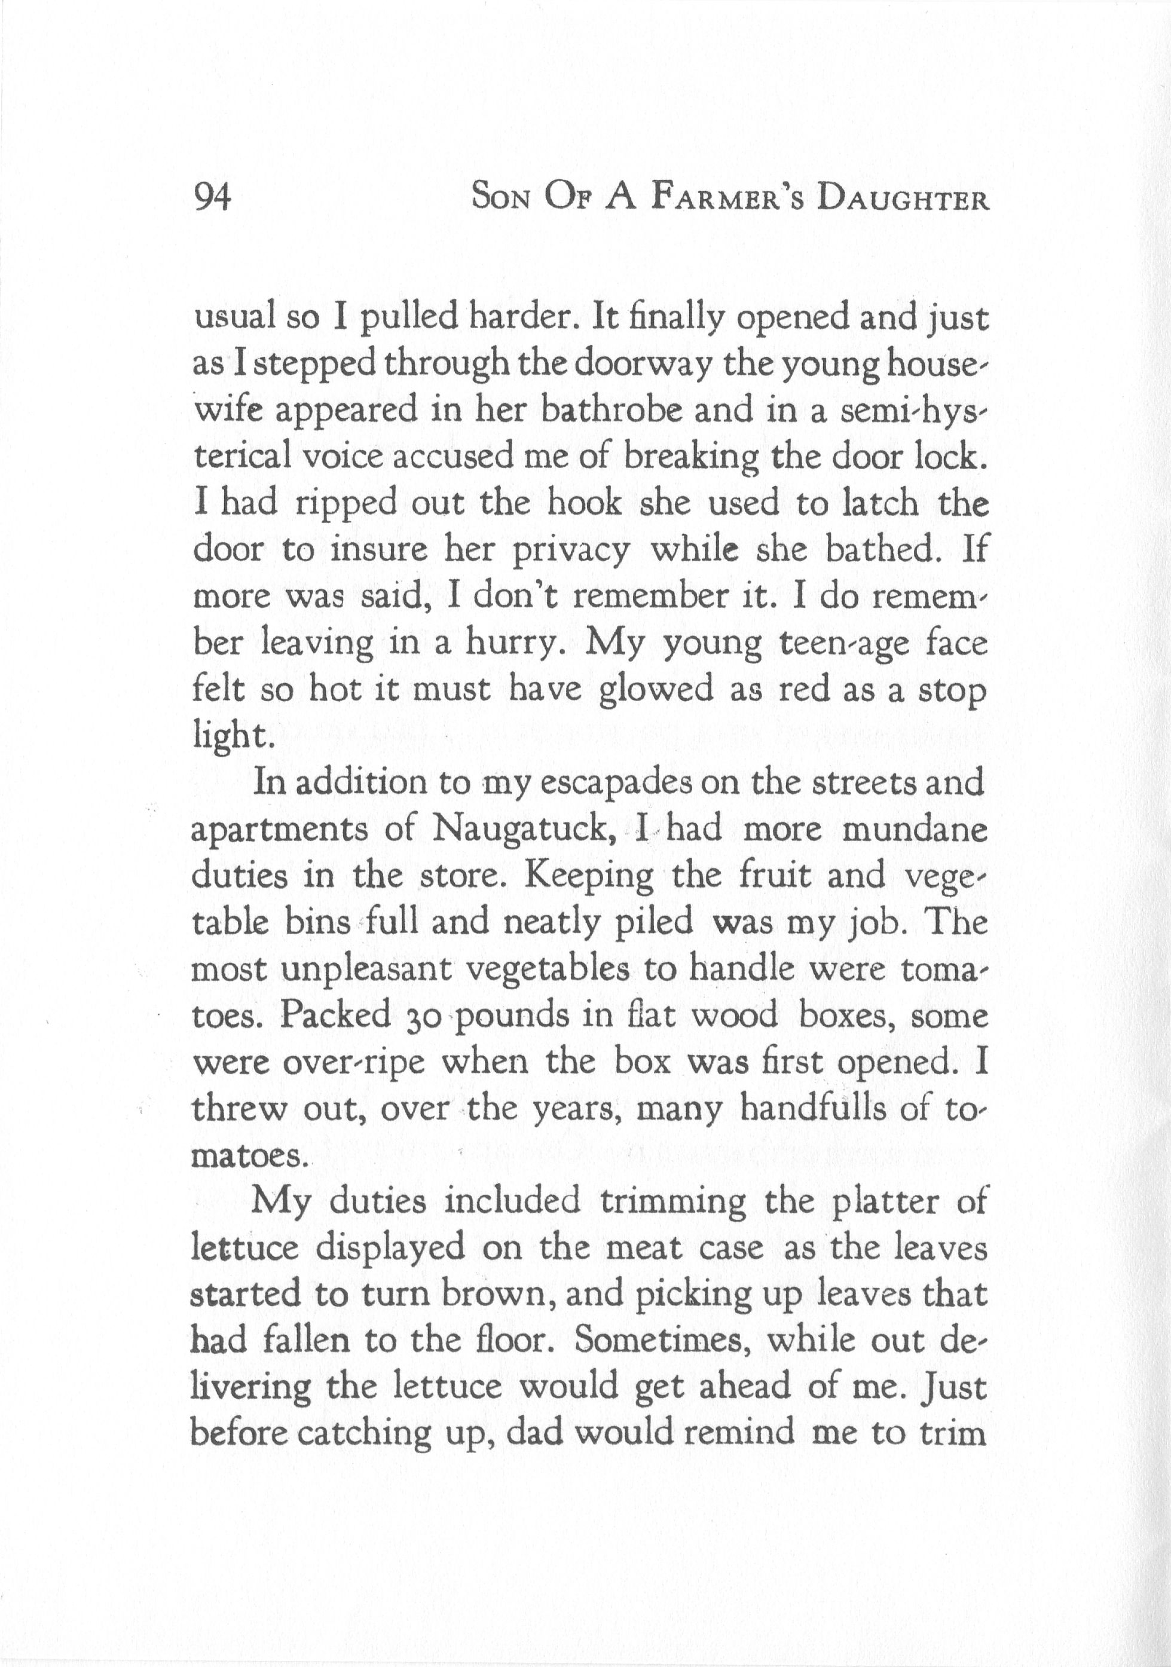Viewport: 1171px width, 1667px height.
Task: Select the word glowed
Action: click(x=656, y=690)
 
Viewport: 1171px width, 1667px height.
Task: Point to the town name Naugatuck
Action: click(x=524, y=830)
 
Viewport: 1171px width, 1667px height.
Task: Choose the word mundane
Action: click(x=914, y=830)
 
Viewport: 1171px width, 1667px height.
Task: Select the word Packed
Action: click(x=336, y=1016)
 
